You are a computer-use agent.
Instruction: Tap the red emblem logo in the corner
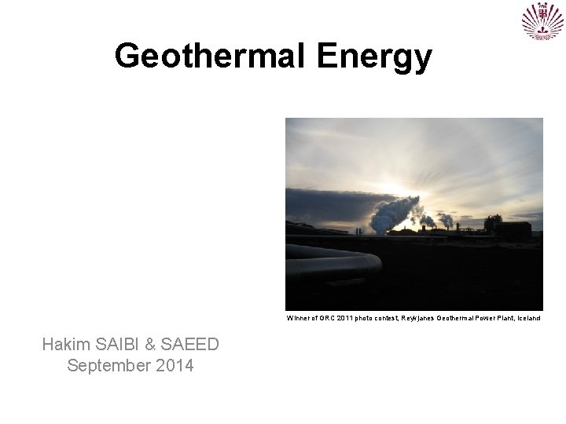pos(542,21)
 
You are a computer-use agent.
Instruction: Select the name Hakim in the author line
pos(66,344)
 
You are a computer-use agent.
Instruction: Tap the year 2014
pos(174,365)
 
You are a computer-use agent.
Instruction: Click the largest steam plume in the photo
pos(393,213)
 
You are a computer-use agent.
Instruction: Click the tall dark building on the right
pos(493,225)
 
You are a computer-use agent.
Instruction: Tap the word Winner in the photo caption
pos(298,319)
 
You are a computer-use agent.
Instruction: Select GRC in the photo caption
pos(327,319)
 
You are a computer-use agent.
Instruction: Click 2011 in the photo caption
pos(346,319)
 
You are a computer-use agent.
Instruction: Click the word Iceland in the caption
pos(527,319)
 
